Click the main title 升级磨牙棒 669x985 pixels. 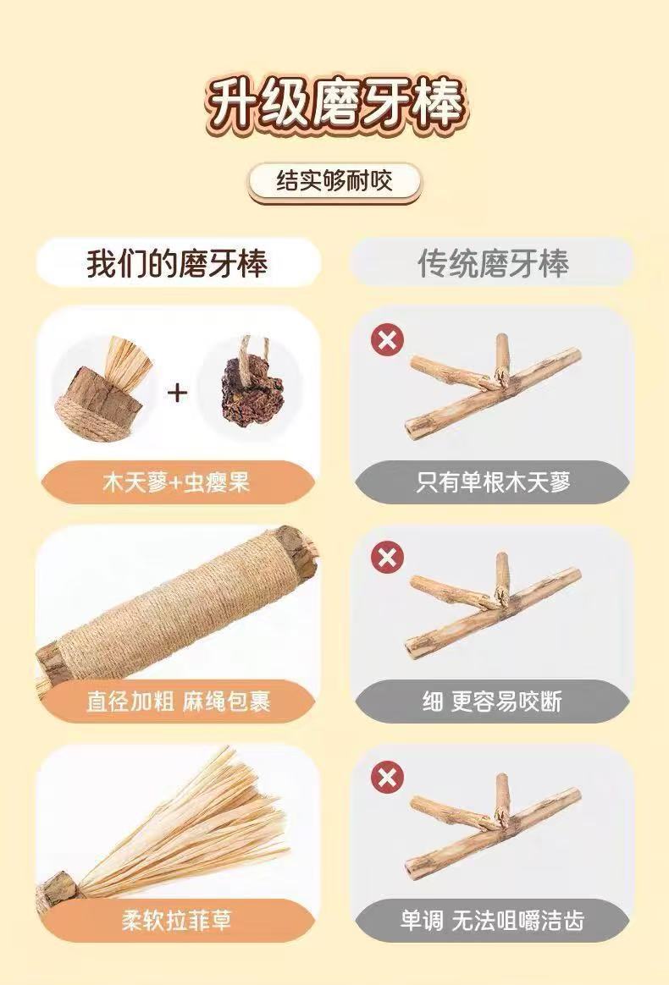point(334,103)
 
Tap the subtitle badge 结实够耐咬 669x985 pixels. point(334,182)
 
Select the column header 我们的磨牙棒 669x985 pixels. point(177,263)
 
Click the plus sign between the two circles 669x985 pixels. point(177,393)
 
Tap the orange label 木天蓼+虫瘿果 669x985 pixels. point(177,482)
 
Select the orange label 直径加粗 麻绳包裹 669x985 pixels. point(177,701)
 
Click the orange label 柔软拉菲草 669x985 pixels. point(177,921)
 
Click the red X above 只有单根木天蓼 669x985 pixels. point(387,340)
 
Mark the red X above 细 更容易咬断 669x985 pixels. point(387,557)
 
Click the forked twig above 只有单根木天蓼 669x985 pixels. point(494,387)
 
